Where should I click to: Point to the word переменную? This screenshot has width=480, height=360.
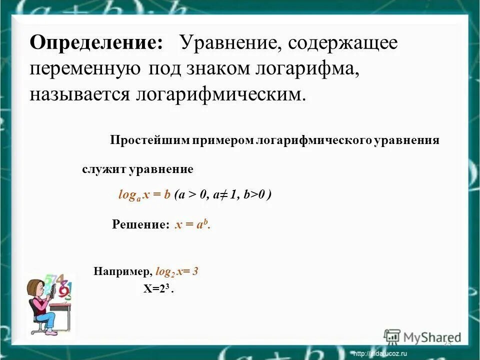point(85,68)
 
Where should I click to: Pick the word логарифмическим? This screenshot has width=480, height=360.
point(220,94)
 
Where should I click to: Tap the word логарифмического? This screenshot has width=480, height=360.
point(313,140)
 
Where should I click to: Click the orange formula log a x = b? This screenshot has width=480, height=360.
point(144,195)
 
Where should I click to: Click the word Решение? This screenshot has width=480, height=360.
point(140,225)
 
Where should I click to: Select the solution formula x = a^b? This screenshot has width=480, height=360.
point(192,225)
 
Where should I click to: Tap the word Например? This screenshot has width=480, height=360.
point(121,272)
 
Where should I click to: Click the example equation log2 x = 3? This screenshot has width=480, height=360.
point(177,272)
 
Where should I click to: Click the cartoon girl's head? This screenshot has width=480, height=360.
point(36,289)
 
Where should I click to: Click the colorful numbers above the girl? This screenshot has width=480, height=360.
point(62,285)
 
